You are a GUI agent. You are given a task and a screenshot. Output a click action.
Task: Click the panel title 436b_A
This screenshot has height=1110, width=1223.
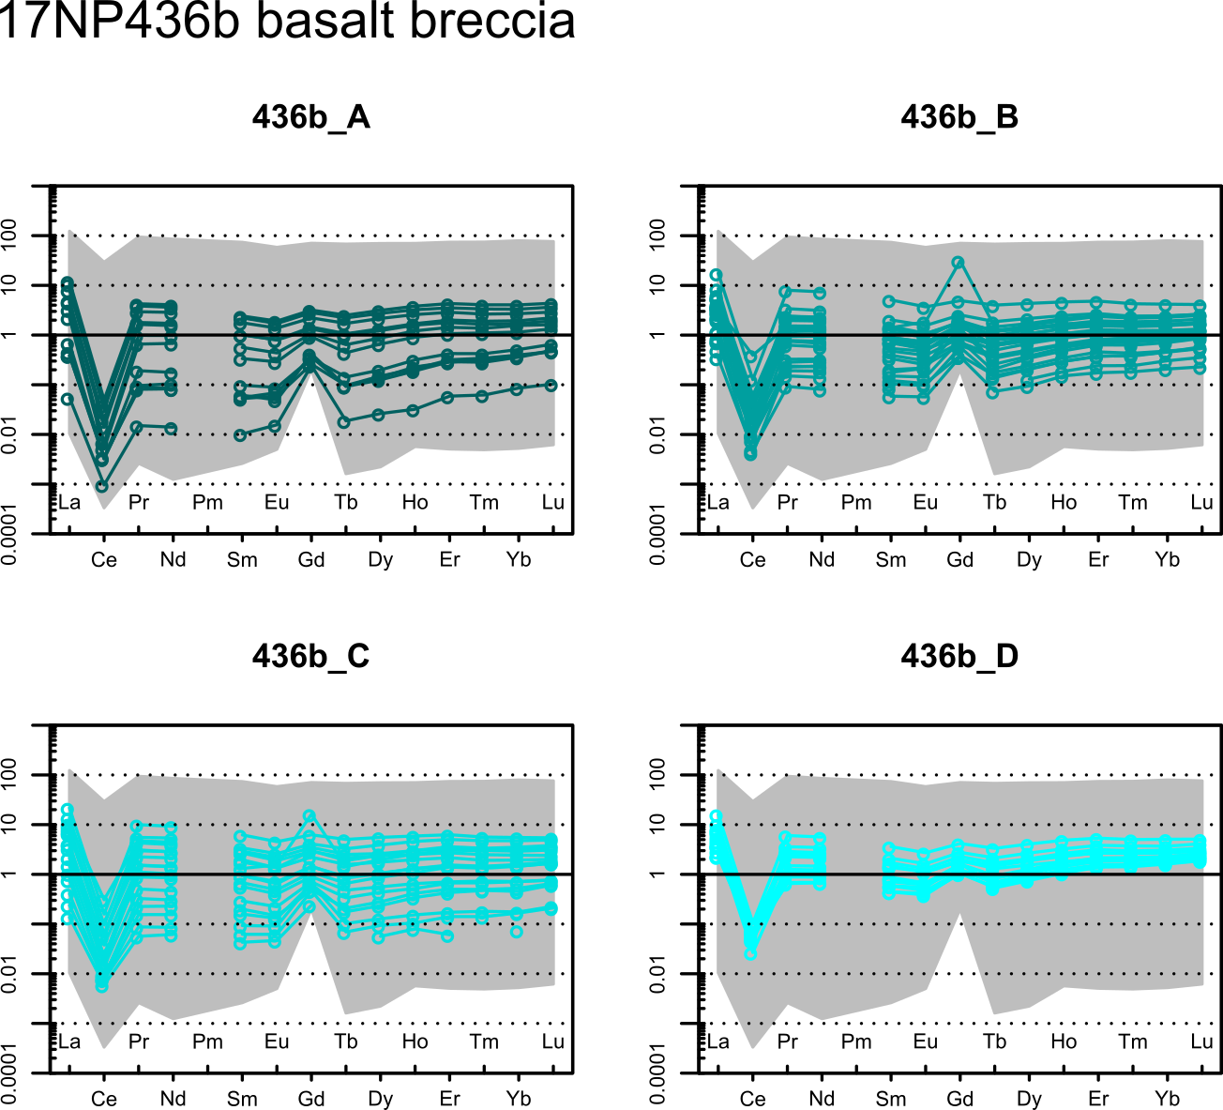tap(310, 117)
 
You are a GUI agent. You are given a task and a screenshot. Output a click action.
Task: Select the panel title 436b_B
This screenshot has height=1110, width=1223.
tap(959, 117)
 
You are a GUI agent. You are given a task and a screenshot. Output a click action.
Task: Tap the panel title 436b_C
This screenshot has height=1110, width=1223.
tap(310, 656)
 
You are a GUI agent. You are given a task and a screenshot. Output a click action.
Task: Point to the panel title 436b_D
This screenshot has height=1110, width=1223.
tap(959, 656)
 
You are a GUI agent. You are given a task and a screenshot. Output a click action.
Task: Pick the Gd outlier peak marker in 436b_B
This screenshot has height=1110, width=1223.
tap(959, 263)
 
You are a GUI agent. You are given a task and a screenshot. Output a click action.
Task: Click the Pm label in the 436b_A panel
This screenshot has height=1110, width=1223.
tap(207, 503)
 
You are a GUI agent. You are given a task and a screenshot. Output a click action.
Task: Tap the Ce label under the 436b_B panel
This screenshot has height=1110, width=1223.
tap(752, 560)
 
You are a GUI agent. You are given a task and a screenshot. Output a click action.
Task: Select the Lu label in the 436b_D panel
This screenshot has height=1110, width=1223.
tap(1201, 1042)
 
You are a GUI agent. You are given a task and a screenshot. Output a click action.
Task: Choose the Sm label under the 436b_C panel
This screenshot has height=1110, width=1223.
tap(242, 1099)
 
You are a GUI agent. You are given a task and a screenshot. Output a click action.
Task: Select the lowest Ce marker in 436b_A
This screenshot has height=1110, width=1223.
tap(102, 486)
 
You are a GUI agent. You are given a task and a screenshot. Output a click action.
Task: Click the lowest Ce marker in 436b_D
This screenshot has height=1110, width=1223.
tap(750, 953)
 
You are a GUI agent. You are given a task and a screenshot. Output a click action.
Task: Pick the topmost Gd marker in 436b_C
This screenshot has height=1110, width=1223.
tap(310, 816)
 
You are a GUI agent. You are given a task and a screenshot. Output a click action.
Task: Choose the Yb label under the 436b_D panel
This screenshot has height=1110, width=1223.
tap(1167, 1099)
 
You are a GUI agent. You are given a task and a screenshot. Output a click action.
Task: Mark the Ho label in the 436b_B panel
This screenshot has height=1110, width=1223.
tap(1064, 503)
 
